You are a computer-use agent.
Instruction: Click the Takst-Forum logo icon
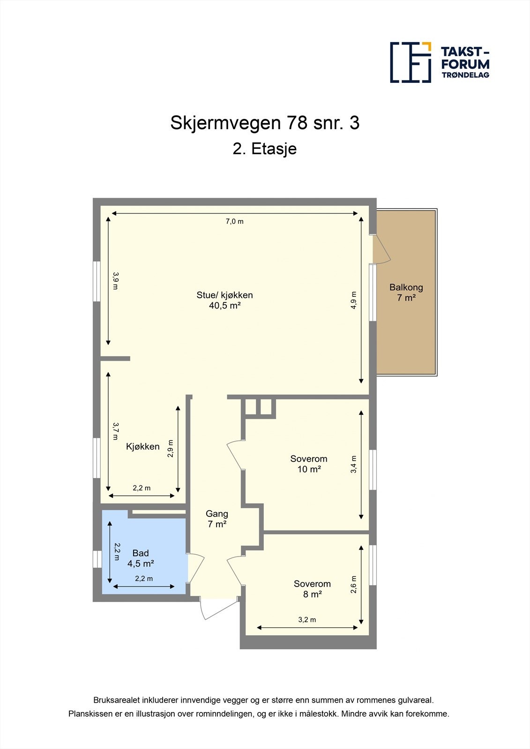point(411,62)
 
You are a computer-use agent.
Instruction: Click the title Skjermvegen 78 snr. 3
point(265,123)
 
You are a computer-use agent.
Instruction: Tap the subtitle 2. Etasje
point(265,149)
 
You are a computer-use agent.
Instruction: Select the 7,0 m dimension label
point(235,221)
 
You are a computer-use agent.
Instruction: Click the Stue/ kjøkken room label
point(224,300)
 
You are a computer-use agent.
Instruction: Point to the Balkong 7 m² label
point(406,292)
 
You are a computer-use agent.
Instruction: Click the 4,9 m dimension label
point(354,300)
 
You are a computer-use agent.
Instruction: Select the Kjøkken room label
point(143,447)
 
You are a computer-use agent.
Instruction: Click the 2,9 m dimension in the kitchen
point(171,448)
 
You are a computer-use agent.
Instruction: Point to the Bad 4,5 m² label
point(141,558)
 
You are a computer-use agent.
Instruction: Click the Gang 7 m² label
point(217,519)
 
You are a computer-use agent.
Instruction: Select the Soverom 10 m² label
point(309,464)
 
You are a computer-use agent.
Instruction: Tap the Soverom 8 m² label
point(312,589)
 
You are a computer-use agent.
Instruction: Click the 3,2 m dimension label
point(307,619)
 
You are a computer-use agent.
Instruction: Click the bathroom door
point(195,568)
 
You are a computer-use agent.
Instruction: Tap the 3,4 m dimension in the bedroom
point(354,464)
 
